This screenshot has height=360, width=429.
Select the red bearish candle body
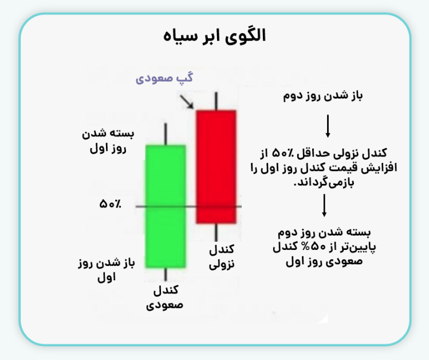point(216,166)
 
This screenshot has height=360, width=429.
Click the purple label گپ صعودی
point(164,78)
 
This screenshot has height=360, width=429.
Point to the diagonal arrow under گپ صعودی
point(187,101)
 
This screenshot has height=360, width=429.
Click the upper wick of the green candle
point(166,134)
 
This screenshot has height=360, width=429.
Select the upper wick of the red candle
point(216,100)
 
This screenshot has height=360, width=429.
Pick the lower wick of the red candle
point(216,233)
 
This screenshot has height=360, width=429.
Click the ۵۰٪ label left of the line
point(109,204)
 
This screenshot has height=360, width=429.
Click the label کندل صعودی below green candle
point(166,296)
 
